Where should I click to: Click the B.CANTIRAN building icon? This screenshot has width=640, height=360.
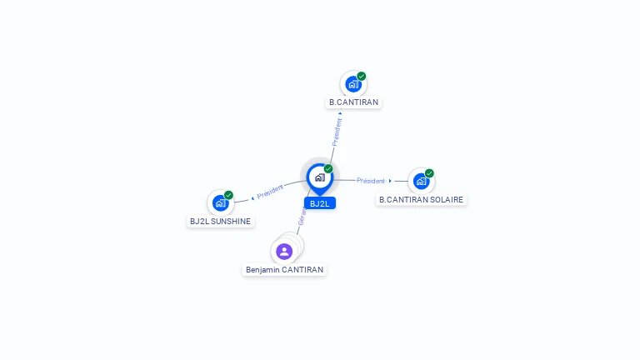pos(353,84)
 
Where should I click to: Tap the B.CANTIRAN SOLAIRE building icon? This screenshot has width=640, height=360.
pos(421,181)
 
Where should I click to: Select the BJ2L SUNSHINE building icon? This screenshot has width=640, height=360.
pos(220,202)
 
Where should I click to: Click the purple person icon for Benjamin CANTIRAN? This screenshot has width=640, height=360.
pos(284,251)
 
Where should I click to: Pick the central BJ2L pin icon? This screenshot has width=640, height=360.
pos(319,177)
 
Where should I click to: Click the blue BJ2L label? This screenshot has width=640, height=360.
pos(320,203)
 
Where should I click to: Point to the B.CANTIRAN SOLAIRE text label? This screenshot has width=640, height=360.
pos(421,200)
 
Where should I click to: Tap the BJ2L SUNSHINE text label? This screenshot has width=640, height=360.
pos(220,222)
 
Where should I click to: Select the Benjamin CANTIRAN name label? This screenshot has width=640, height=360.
pos(284,270)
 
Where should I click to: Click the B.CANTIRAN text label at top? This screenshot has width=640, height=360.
pos(353,102)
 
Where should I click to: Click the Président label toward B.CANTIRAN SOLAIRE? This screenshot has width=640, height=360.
pos(371,181)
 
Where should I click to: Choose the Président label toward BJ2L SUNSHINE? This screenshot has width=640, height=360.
pos(270,192)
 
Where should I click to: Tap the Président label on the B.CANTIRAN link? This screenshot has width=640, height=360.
pos(337,132)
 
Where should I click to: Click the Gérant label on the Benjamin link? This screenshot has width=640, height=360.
pos(302,218)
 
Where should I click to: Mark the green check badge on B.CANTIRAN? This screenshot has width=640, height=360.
pos(362,76)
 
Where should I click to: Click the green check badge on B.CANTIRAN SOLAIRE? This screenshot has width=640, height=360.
pos(429,173)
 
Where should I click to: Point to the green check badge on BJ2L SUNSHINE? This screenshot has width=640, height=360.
pos(228,195)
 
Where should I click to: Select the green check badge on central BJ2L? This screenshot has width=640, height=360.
pos(328,168)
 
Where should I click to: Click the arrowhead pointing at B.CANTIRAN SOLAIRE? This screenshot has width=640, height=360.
pos(390,181)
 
